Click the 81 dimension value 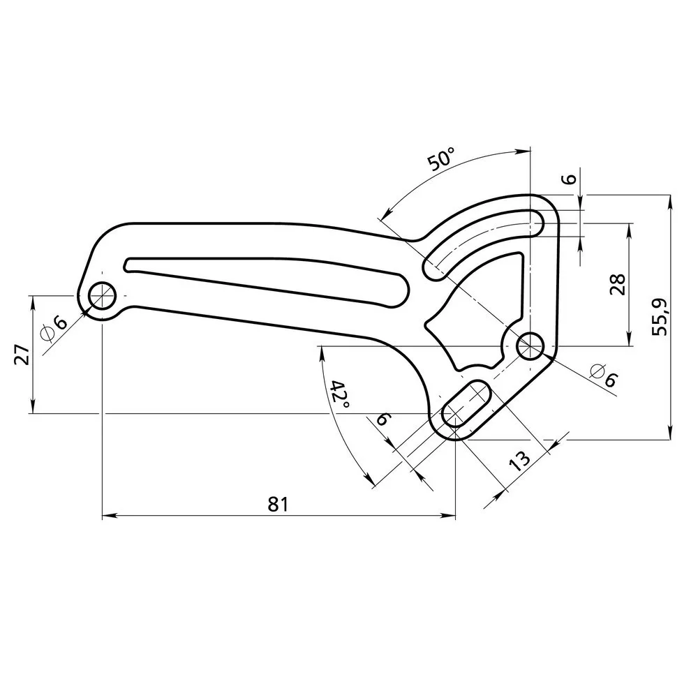[x=279, y=504]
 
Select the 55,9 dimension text [x=660, y=316]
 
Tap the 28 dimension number [x=618, y=285]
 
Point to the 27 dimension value [x=22, y=355]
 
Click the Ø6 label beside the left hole [x=54, y=327]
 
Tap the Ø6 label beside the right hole [x=604, y=375]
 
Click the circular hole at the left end [x=103, y=295]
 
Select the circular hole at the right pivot [x=530, y=346]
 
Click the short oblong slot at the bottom [x=466, y=403]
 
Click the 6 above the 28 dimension [x=568, y=179]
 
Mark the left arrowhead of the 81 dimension [x=107, y=516]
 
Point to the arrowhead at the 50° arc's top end [x=526, y=151]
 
